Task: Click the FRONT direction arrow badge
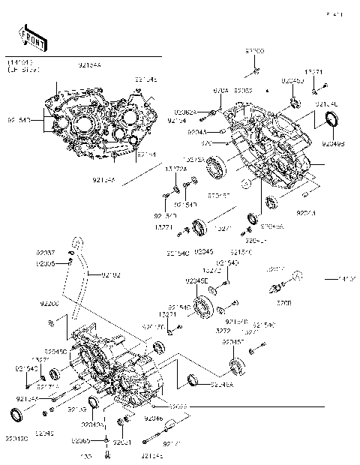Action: click(x=28, y=35)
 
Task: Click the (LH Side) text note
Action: click(x=23, y=69)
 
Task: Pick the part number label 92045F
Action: click(x=232, y=342)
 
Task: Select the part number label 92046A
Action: click(x=222, y=385)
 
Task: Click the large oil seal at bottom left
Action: click(x=17, y=415)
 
